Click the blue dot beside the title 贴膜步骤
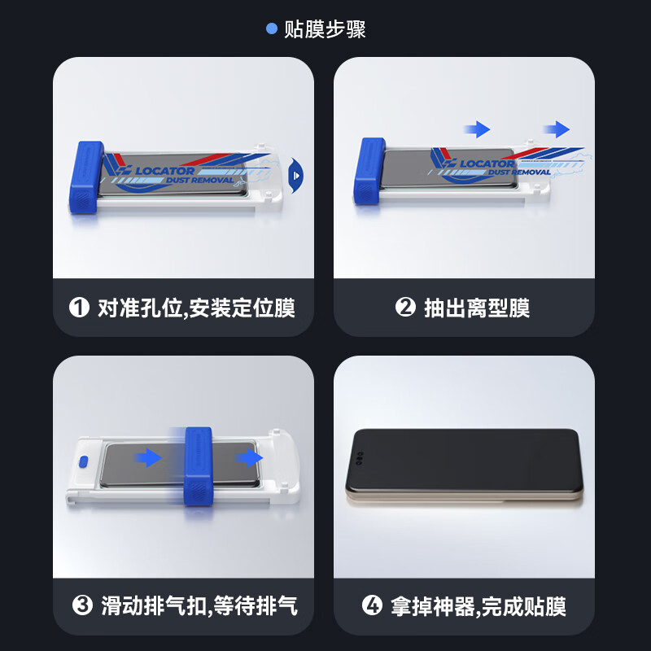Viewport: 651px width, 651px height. [273, 29]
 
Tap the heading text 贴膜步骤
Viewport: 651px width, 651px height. [325, 29]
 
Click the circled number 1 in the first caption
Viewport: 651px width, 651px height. [79, 308]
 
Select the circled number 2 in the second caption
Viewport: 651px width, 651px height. [405, 308]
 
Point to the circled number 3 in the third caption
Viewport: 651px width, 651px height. [82, 606]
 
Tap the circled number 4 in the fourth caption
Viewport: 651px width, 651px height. [372, 606]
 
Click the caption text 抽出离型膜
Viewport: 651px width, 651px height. [476, 308]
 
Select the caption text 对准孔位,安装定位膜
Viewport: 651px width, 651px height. [195, 308]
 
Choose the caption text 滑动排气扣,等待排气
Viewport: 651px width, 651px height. [199, 606]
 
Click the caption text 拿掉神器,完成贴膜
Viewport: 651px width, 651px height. [478, 606]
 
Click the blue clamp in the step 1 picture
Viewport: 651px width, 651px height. [85, 180]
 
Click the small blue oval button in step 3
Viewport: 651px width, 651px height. [83, 461]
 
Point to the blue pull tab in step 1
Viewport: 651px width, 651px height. [296, 173]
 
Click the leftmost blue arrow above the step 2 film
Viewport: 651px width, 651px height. [476, 129]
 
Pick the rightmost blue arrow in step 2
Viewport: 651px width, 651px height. [557, 129]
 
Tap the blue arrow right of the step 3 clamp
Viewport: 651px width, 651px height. [243, 458]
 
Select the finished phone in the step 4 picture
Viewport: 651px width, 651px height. [463, 466]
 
